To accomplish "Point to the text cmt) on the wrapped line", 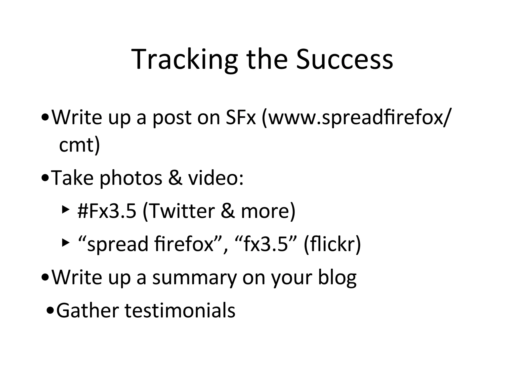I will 79,145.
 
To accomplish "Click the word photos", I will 131,178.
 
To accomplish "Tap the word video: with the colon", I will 216,178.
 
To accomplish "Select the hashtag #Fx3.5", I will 107,211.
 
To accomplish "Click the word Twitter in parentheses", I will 179,211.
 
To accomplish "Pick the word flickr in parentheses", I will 332,244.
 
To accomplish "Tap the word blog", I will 337,277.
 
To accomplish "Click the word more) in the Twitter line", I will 268,211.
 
